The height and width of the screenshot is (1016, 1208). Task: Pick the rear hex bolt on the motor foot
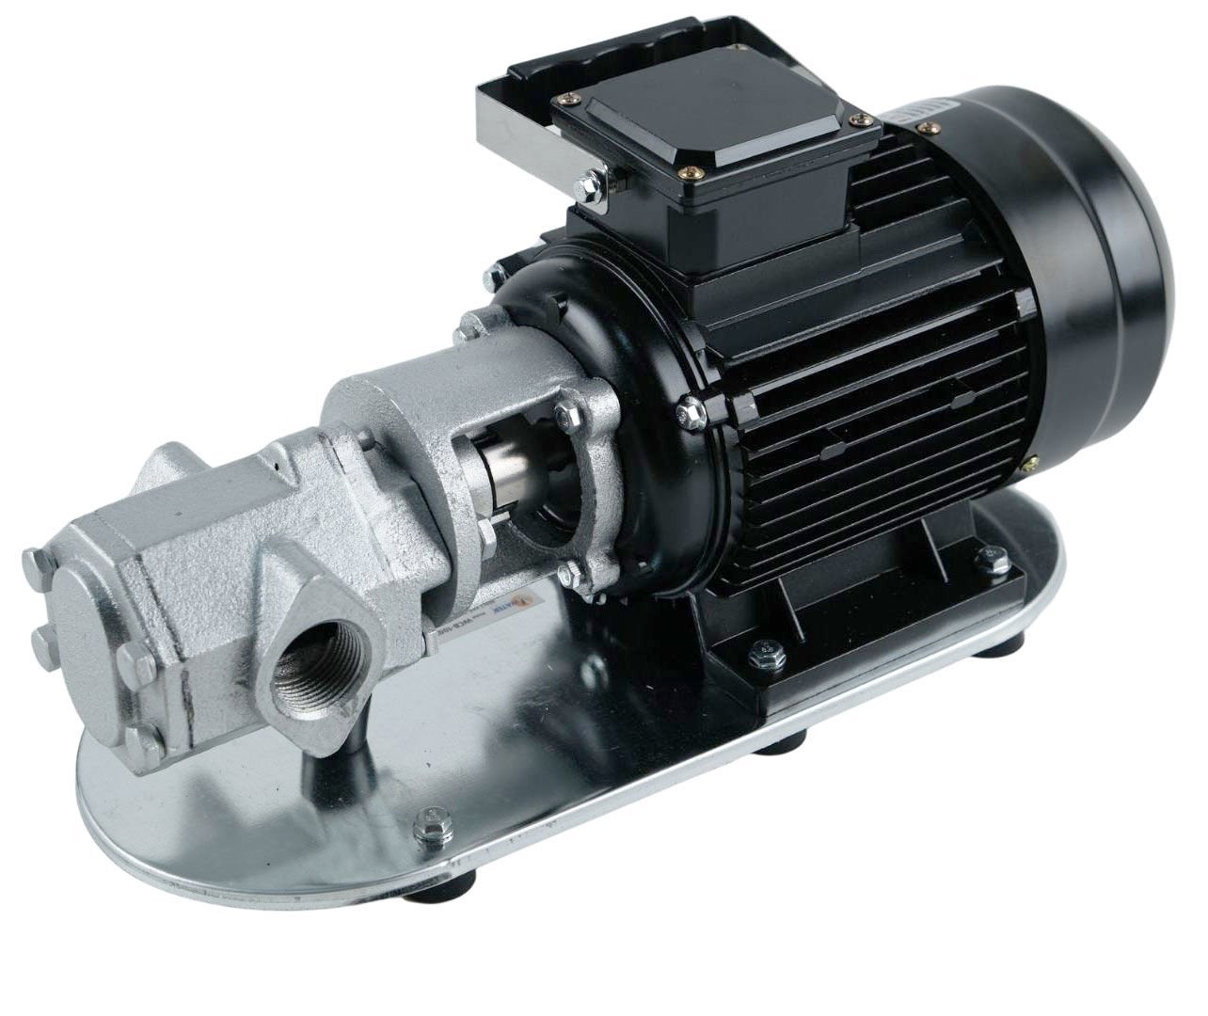[985, 562]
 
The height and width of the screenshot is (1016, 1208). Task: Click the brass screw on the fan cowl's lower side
[1032, 462]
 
